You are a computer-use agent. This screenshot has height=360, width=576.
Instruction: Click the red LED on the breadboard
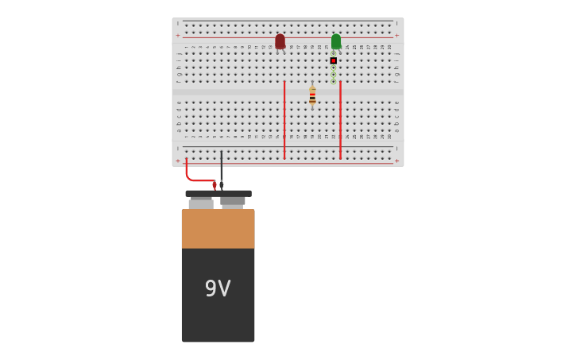coord(280,41)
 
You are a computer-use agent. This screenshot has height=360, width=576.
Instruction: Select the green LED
coord(336,41)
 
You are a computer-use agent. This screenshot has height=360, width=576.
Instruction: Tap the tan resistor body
coord(312,95)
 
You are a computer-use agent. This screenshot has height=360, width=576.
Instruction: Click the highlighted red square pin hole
coord(334,60)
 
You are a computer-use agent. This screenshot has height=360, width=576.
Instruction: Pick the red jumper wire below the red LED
coord(284,119)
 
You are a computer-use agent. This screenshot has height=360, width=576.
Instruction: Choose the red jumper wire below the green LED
coord(340,119)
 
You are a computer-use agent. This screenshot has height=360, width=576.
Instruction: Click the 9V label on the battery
coord(218,288)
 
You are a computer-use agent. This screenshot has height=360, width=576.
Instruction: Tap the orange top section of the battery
coord(218,229)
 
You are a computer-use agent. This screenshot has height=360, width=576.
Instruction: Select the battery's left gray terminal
coord(201,203)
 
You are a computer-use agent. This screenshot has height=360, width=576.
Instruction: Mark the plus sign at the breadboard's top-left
coord(178,36)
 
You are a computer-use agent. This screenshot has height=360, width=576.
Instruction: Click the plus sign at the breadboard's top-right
coord(397,36)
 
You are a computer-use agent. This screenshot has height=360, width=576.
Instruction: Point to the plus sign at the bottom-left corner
coord(178,161)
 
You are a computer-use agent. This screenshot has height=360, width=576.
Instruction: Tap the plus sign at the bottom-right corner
coord(397,161)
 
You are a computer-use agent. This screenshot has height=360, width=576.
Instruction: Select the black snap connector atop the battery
coord(218,193)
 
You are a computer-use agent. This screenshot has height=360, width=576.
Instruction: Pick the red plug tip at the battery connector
coord(215,185)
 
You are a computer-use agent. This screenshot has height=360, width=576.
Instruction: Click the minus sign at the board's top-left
coord(178,23)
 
